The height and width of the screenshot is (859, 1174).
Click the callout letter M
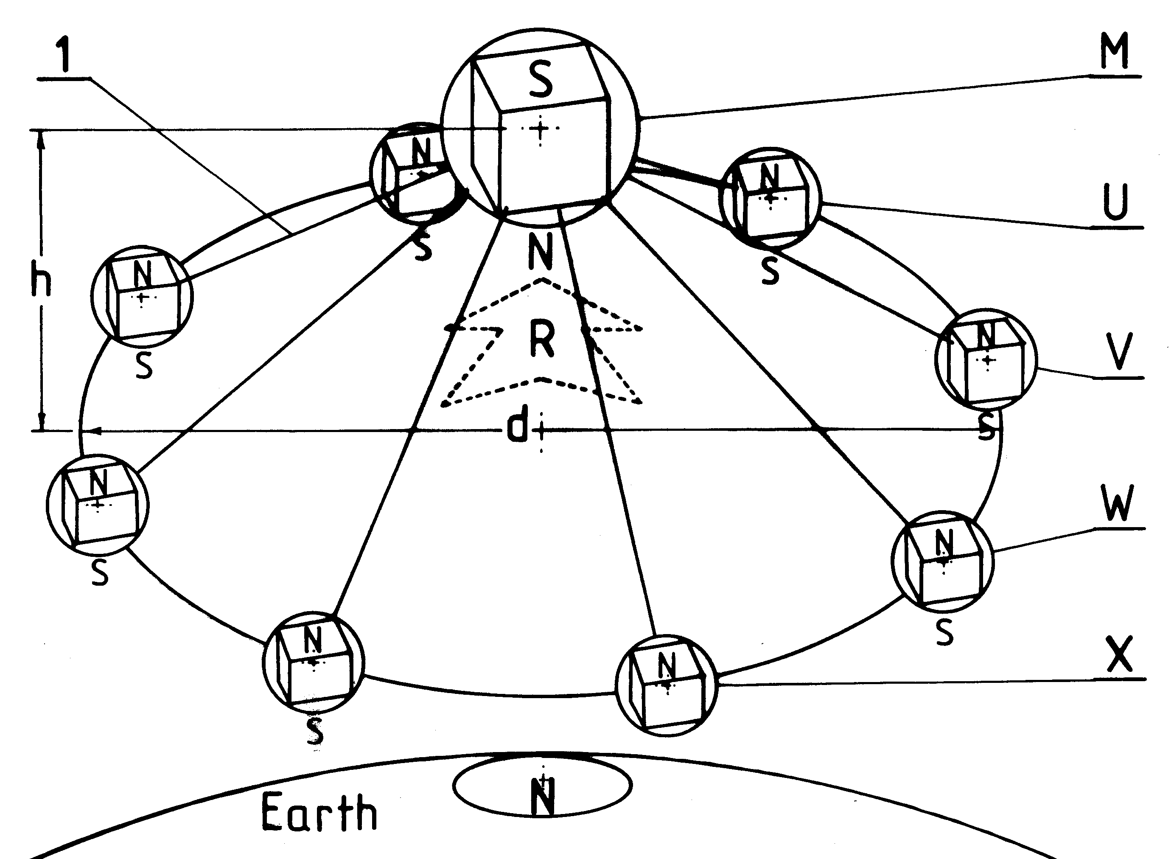pyautogui.click(x=1114, y=51)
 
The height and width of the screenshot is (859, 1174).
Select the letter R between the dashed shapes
pyautogui.click(x=541, y=339)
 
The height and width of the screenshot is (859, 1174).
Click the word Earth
pyautogui.click(x=319, y=812)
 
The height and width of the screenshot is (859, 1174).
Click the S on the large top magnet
pyautogui.click(x=541, y=81)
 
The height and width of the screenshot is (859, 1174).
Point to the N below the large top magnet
pyautogui.click(x=541, y=251)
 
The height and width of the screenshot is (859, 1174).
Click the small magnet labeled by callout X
pyautogui.click(x=666, y=685)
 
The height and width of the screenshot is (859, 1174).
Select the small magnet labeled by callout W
pyautogui.click(x=942, y=561)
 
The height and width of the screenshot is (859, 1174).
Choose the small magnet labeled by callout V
pyautogui.click(x=985, y=359)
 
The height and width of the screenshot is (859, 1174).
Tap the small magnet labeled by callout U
pyautogui.click(x=770, y=198)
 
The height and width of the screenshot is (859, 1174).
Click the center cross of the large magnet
pyautogui.click(x=541, y=129)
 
